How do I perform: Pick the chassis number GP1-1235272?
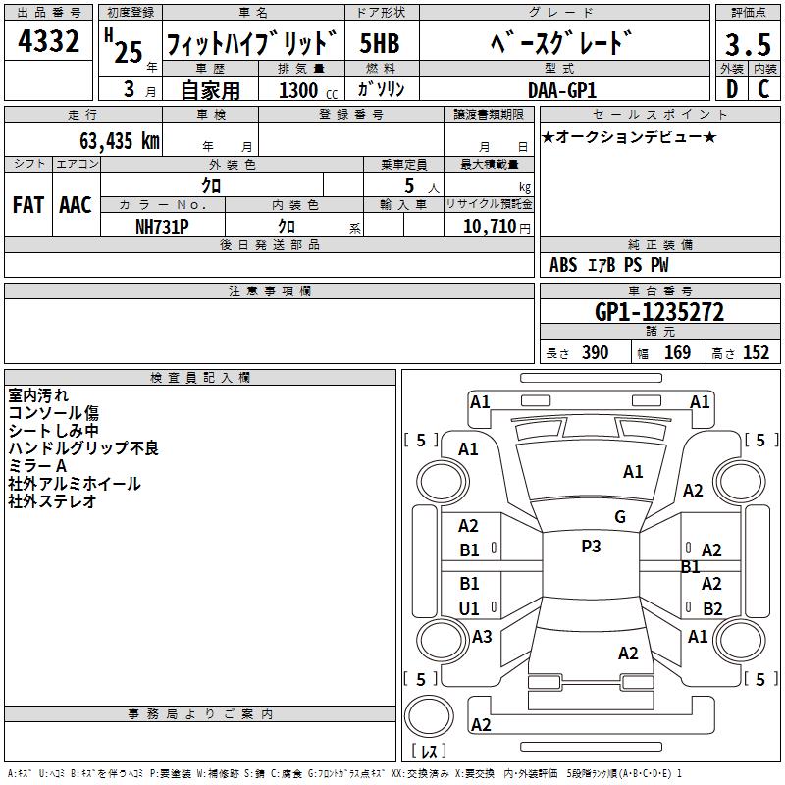coord(659,312)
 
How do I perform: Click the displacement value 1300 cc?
coord(304,90)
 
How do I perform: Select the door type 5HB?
coord(380,44)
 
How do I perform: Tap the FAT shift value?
coord(27,205)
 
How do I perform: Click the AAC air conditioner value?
coord(75,205)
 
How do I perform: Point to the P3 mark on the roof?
coord(591,547)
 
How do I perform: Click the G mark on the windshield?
coord(619,517)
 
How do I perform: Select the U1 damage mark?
coord(469,608)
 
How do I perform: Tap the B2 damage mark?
coord(712,608)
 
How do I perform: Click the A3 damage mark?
coord(482,637)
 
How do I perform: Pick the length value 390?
coord(595,353)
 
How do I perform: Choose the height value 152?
coord(756,353)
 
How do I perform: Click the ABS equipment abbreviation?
coord(563,265)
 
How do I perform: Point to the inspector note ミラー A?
coord(37,465)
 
